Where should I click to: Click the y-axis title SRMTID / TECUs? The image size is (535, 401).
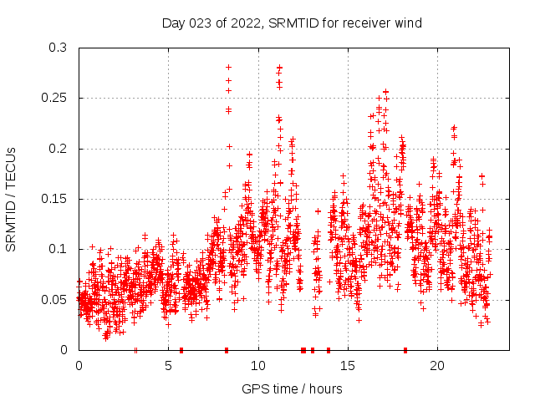(11, 199)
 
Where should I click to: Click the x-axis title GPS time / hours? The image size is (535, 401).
(292, 388)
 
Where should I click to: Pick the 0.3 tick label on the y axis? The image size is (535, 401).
(56, 48)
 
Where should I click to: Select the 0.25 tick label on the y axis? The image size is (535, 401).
(53, 99)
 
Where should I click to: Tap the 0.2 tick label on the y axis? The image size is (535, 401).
(56, 149)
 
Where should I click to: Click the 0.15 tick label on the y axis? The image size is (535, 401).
(53, 199)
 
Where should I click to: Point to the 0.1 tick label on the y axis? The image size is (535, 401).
(56, 249)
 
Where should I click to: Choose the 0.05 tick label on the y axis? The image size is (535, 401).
(53, 299)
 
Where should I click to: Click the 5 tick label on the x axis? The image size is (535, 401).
(168, 366)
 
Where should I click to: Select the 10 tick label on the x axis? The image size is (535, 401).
(258, 366)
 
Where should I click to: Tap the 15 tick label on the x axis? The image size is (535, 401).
(348, 366)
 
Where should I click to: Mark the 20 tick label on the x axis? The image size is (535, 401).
(437, 366)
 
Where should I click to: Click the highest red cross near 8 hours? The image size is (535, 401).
(228, 67)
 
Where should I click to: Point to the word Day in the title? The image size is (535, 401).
(172, 23)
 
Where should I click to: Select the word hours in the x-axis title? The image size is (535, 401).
(326, 388)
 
